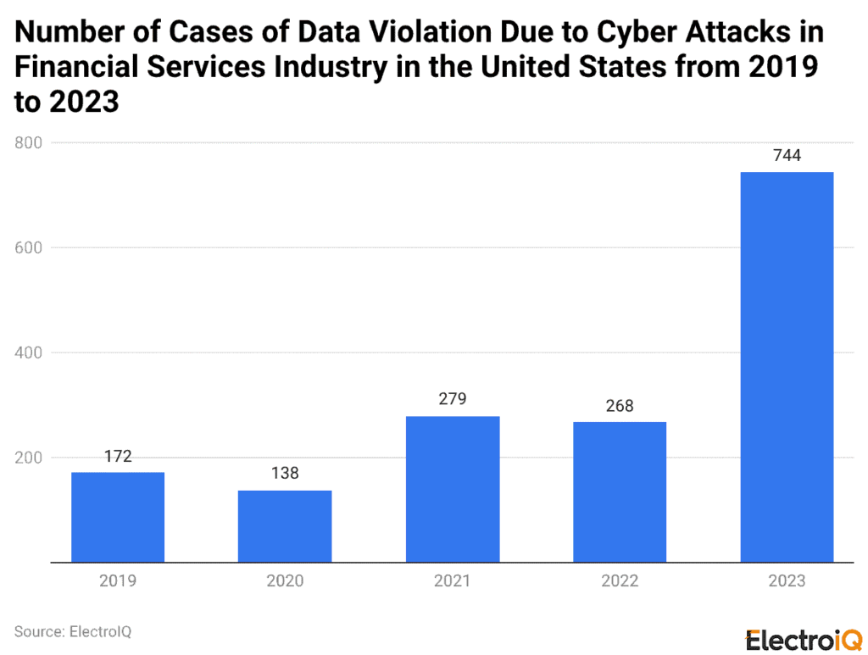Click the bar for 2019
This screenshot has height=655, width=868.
point(117,517)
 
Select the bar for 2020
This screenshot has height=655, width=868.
point(285,525)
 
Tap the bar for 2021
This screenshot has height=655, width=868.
point(452,489)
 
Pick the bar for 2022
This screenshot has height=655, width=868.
point(620,491)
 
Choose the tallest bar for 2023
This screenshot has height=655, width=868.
point(787,367)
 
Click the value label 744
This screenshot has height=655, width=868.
point(787,156)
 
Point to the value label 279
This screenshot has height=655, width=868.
point(452,399)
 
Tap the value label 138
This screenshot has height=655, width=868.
point(285,474)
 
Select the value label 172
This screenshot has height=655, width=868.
point(117,456)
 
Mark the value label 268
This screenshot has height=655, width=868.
point(620,406)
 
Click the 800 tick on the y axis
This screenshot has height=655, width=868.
point(30,143)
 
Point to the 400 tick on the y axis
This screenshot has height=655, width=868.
point(30,352)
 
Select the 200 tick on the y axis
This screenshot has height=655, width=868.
point(30,458)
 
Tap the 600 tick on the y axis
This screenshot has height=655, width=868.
point(30,247)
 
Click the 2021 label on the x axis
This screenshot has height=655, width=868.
point(452,581)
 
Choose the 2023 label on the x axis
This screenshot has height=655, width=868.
point(787,581)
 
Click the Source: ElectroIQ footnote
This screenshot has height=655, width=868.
point(73,631)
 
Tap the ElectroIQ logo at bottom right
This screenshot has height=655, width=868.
point(804,640)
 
